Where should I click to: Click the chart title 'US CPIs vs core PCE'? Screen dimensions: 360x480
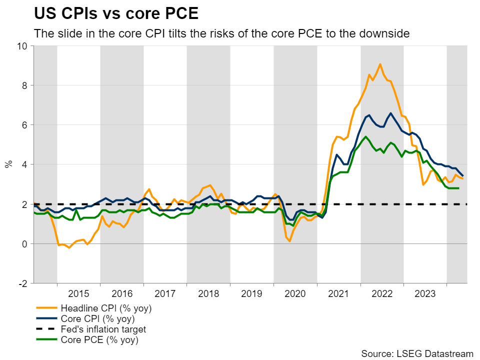click(116, 13)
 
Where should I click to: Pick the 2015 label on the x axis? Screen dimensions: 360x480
click(78, 293)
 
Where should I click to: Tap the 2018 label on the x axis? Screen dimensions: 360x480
click(208, 293)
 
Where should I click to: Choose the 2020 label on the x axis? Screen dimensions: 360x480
click(295, 293)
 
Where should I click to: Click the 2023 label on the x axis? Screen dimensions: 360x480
click(425, 293)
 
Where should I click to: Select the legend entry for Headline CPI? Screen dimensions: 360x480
click(105, 308)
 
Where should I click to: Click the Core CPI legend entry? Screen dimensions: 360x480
click(97, 318)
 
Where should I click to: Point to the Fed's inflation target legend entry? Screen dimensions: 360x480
click(103, 329)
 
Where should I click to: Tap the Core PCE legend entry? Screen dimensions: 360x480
click(99, 340)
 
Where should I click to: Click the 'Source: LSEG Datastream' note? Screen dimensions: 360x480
click(417, 353)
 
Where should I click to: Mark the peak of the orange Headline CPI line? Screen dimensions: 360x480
click(380, 64)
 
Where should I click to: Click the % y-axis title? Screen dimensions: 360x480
click(8, 164)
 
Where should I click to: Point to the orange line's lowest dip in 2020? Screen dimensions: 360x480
click(290, 241)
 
